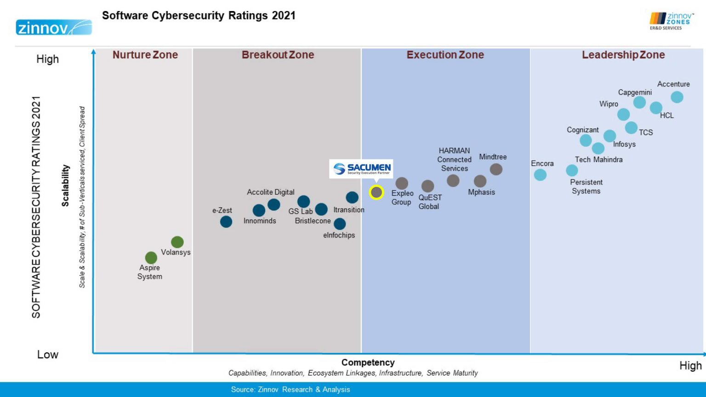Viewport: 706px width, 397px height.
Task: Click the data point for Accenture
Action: pyautogui.click(x=677, y=97)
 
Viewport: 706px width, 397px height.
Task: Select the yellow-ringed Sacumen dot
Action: pyautogui.click(x=376, y=192)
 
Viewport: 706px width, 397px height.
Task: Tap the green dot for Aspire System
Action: pyautogui.click(x=151, y=258)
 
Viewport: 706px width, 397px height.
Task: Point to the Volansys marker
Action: pyautogui.click(x=177, y=242)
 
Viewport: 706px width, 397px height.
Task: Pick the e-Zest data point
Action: pyautogui.click(x=226, y=221)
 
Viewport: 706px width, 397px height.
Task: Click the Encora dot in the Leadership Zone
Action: pyautogui.click(x=540, y=175)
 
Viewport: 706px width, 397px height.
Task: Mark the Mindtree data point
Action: pyautogui.click(x=496, y=169)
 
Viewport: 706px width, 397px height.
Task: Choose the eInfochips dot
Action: pyautogui.click(x=340, y=224)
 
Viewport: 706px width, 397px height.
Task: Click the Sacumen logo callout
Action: pyautogui.click(x=361, y=169)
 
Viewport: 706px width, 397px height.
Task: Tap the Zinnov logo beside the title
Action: pyautogui.click(x=54, y=28)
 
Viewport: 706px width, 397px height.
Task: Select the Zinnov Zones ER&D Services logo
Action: pyautogui.click(x=671, y=21)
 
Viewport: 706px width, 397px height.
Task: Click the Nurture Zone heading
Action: pyautogui.click(x=145, y=55)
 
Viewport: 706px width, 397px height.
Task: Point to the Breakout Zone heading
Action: pyautogui.click(x=278, y=55)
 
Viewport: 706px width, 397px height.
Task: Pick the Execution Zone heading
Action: pyautogui.click(x=445, y=55)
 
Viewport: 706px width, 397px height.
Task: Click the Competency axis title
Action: pyautogui.click(x=368, y=363)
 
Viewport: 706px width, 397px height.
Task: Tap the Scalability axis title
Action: pyautogui.click(x=66, y=185)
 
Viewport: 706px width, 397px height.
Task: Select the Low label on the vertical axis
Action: pyautogui.click(x=48, y=354)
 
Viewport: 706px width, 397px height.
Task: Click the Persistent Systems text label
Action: pyautogui.click(x=586, y=187)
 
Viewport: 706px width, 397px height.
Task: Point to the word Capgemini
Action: pyautogui.click(x=635, y=92)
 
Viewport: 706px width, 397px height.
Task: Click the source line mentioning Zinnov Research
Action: pyautogui.click(x=290, y=390)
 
